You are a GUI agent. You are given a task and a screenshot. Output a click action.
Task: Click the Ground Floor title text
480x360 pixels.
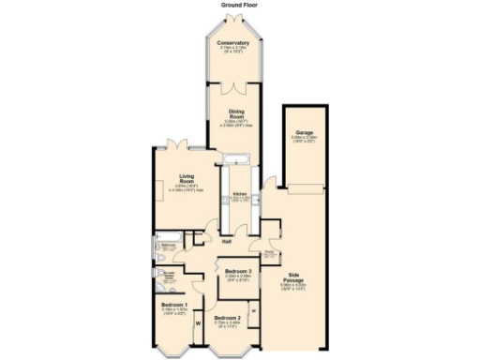(239, 5)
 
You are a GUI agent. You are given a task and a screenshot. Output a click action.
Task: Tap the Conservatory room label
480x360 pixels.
(232, 43)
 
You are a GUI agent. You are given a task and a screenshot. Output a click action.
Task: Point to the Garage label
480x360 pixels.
(304, 133)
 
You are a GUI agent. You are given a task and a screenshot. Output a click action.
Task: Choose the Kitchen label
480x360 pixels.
(240, 195)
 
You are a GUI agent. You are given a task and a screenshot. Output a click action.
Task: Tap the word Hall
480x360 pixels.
(226, 241)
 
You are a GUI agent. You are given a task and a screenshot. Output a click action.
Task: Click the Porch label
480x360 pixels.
(268, 251)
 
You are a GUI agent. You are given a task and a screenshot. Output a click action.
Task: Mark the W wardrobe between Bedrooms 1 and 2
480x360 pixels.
(198, 324)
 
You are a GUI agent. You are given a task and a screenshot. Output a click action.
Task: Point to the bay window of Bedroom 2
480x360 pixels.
(228, 352)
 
